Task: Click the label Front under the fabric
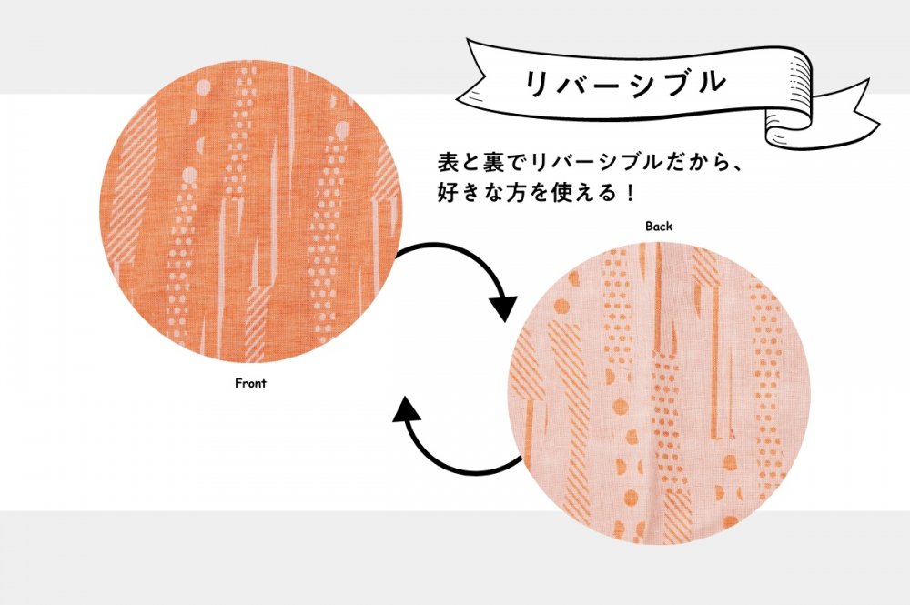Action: [x=250, y=383]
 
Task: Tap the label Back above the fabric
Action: [x=659, y=227]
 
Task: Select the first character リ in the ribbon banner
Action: [x=538, y=83]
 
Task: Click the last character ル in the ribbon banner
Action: [x=711, y=82]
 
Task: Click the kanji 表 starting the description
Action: [x=449, y=163]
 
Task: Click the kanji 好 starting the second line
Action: [x=449, y=192]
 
